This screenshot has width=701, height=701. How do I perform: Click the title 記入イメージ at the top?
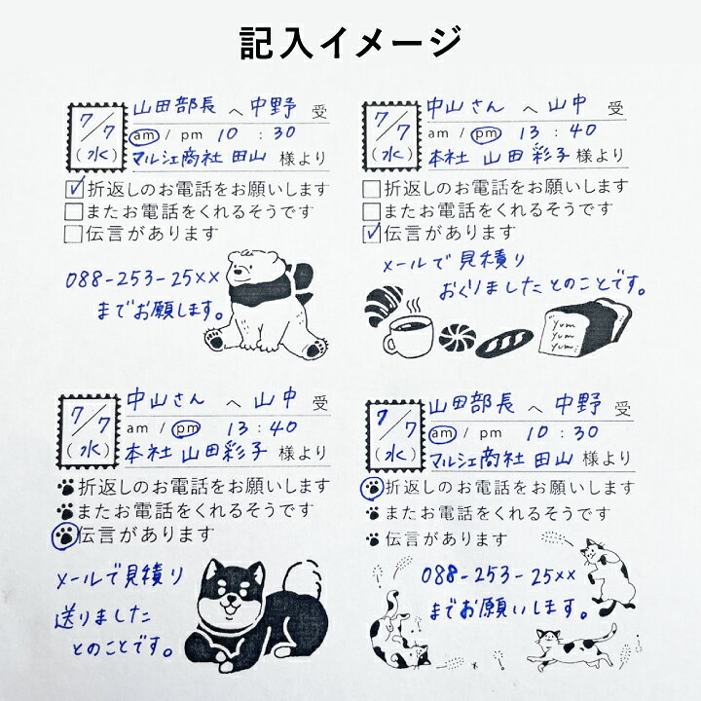pyautogui.click(x=350, y=42)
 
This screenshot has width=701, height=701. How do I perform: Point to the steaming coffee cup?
pyautogui.click(x=410, y=334)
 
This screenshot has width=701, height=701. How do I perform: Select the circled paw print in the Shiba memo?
pyautogui.click(x=63, y=533)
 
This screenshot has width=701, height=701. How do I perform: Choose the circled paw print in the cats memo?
pyautogui.click(x=373, y=487)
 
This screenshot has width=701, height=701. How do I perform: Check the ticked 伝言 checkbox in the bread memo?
pyautogui.click(x=371, y=232)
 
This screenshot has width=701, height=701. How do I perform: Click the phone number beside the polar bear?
pyautogui.click(x=143, y=280)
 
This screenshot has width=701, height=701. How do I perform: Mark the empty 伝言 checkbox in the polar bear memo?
pyautogui.click(x=73, y=233)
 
